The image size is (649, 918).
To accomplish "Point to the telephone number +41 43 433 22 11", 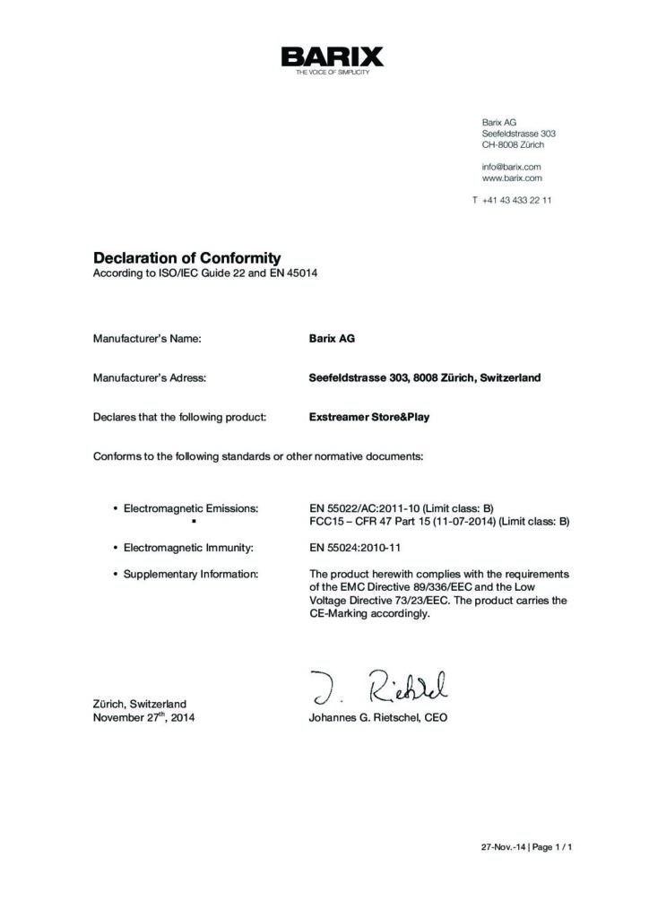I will pyautogui.click(x=516, y=200).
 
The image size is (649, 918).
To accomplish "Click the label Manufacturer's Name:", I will pyautogui.click(x=147, y=339).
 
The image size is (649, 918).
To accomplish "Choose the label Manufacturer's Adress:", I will pyautogui.click(x=150, y=378).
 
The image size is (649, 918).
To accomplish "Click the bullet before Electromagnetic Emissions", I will pyautogui.click(x=116, y=509).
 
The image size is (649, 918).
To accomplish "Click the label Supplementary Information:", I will pyautogui.click(x=191, y=573).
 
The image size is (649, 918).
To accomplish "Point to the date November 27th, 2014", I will pyautogui.click(x=143, y=718).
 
